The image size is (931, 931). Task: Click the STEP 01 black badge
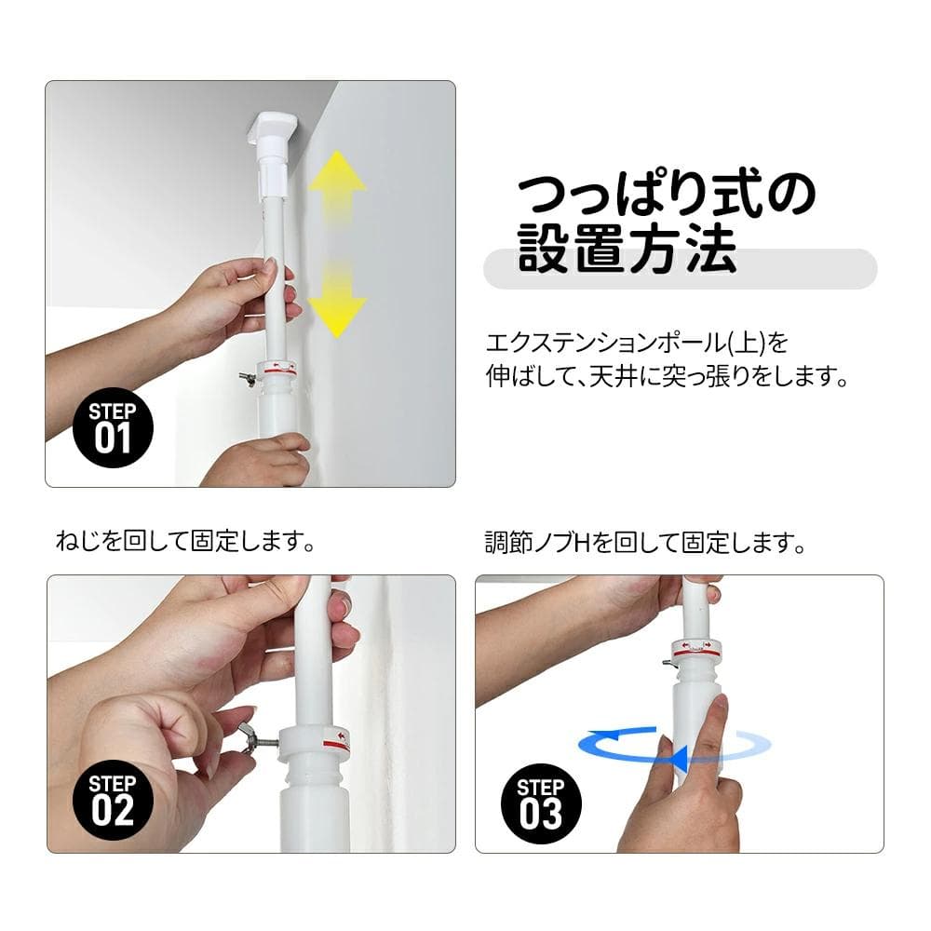pos(113,428)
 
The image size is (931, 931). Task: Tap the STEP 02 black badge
pos(113,800)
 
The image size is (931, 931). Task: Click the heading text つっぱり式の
pos(666,192)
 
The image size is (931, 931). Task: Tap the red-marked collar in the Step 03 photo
pos(693,649)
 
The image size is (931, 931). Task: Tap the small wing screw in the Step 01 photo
pos(244,377)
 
